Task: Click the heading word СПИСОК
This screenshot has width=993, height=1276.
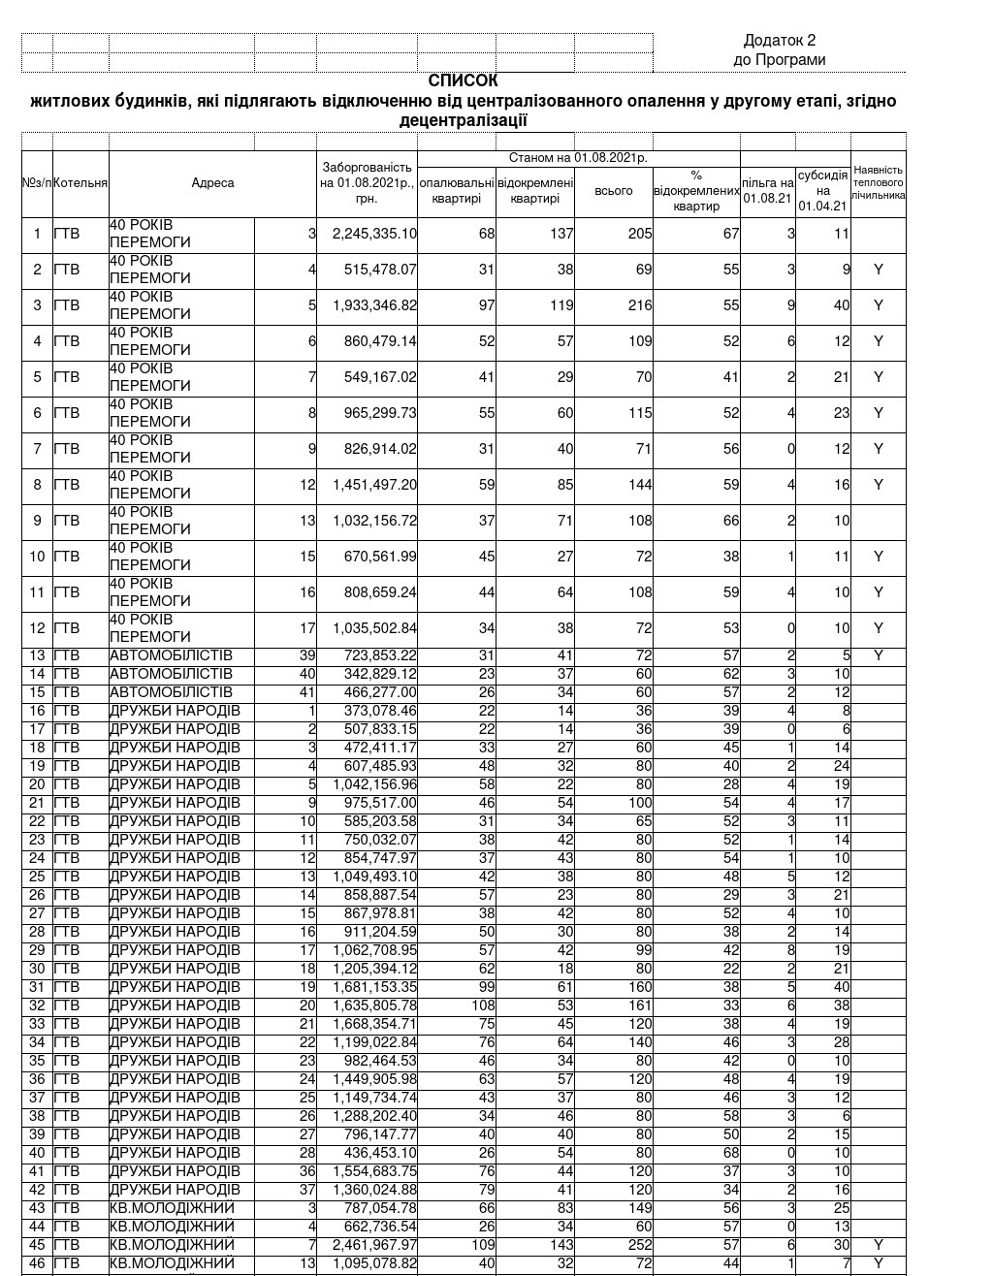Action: point(463,81)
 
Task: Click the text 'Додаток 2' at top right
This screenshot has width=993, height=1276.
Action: point(779,41)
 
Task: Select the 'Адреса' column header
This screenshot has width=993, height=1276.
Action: point(212,182)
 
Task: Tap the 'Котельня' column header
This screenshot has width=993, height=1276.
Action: point(80,182)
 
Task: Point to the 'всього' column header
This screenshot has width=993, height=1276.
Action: point(613,191)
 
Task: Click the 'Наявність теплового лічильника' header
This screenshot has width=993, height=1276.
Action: point(878,182)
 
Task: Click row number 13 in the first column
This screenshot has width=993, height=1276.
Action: point(38,655)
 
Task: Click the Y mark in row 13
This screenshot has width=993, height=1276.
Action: point(878,655)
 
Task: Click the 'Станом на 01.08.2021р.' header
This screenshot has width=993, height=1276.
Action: point(578,158)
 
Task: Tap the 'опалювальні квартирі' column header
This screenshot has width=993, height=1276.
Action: point(456,191)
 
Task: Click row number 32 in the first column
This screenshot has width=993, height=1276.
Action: point(38,1005)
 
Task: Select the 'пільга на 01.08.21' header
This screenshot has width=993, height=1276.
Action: point(767,191)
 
